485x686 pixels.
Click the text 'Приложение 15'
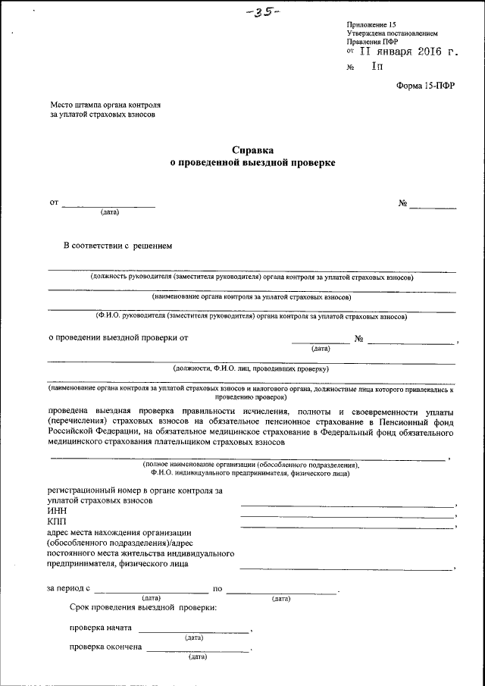point(371,25)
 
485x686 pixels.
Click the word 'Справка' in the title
point(252,150)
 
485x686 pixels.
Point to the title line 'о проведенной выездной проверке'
point(252,162)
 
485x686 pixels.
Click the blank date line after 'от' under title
point(108,206)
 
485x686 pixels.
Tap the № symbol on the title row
point(403,203)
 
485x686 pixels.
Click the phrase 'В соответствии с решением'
point(118,246)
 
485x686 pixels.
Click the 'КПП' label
point(56,522)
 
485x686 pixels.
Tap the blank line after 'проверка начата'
point(193,631)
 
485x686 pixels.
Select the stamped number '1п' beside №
point(377,67)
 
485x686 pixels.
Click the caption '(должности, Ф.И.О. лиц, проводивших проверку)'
point(250,368)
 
